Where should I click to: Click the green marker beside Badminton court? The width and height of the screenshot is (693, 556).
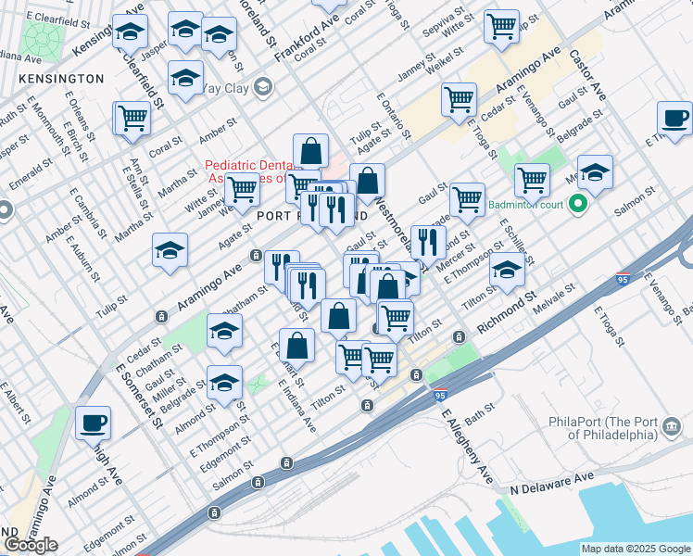click(580, 205)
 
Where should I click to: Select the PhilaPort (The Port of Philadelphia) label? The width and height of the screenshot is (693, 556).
click(618, 428)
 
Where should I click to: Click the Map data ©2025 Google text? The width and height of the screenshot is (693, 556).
click(636, 549)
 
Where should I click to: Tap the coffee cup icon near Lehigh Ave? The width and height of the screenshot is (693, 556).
click(93, 423)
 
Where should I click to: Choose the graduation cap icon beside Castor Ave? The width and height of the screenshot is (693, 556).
click(595, 171)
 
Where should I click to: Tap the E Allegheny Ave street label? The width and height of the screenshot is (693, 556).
click(467, 448)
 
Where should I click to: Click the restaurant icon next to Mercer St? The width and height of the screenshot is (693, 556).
click(427, 241)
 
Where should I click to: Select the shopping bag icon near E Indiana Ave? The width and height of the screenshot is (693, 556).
click(296, 347)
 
